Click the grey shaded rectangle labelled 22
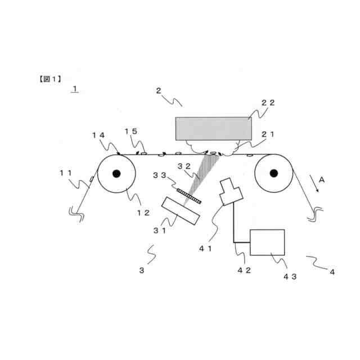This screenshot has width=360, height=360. pyautogui.click(x=213, y=129)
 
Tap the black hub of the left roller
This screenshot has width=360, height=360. pyautogui.click(x=116, y=173)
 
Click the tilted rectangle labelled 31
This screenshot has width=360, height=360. pyautogui.click(x=182, y=211)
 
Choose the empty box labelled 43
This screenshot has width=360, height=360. pyautogui.click(x=267, y=242)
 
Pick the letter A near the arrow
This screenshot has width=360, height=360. pyautogui.click(x=321, y=179)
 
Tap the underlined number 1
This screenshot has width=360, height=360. pyautogui.click(x=75, y=89)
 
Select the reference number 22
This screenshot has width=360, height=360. pyautogui.click(x=268, y=103)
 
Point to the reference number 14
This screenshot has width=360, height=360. pyautogui.click(x=98, y=135)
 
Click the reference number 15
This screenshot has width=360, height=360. pyautogui.click(x=130, y=132)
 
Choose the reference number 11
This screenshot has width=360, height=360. pyautogui.click(x=67, y=173)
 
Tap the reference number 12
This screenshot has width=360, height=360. pyautogui.click(x=143, y=213)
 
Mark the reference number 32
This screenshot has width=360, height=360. pyautogui.click(x=183, y=166)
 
